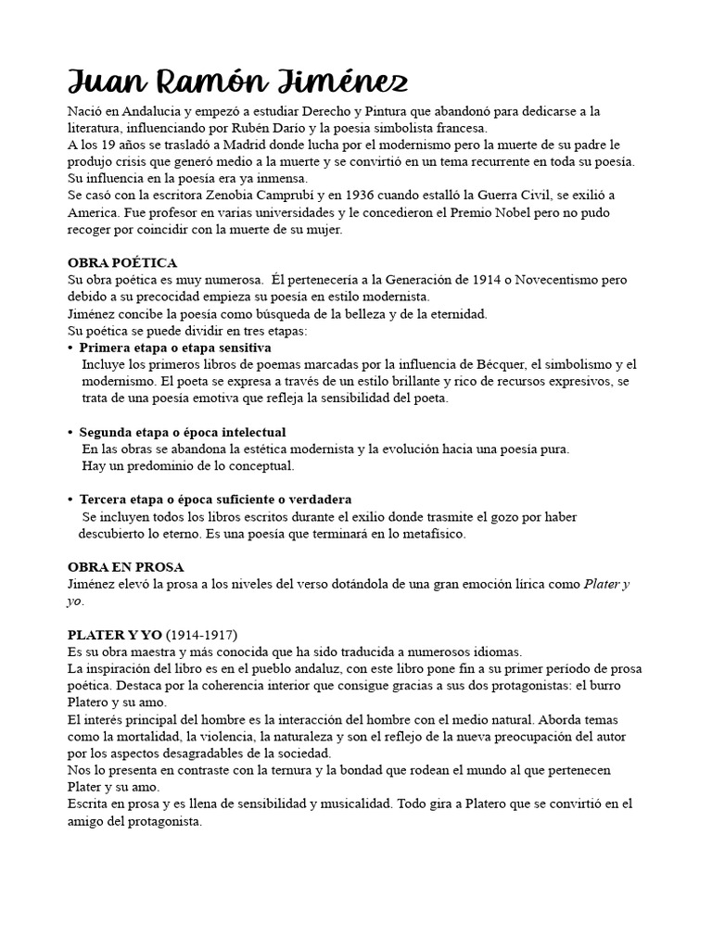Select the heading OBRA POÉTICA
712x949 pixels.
122,263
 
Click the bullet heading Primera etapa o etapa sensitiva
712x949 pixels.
175,348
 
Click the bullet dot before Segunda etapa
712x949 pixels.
70,433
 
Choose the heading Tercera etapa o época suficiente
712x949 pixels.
215,500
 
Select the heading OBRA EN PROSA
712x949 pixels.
126,567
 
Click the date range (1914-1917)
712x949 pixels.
201,635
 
